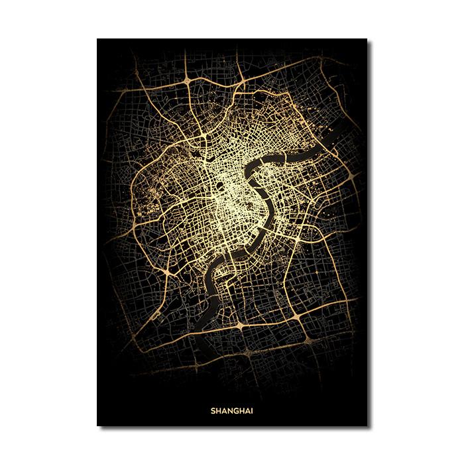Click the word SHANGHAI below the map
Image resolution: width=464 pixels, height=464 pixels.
pos(232,410)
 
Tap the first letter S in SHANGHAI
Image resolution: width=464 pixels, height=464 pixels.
pos(213,410)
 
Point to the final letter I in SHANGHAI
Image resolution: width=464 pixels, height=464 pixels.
pos(252,410)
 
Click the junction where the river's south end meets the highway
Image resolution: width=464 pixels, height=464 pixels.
pos(239,326)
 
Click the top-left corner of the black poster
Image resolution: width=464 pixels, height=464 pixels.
pos(97,39)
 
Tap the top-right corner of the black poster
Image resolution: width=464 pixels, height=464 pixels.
pos(367,39)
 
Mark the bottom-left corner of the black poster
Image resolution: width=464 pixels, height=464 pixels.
pos(97,426)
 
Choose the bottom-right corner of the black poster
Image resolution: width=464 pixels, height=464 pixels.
pos(367,426)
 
